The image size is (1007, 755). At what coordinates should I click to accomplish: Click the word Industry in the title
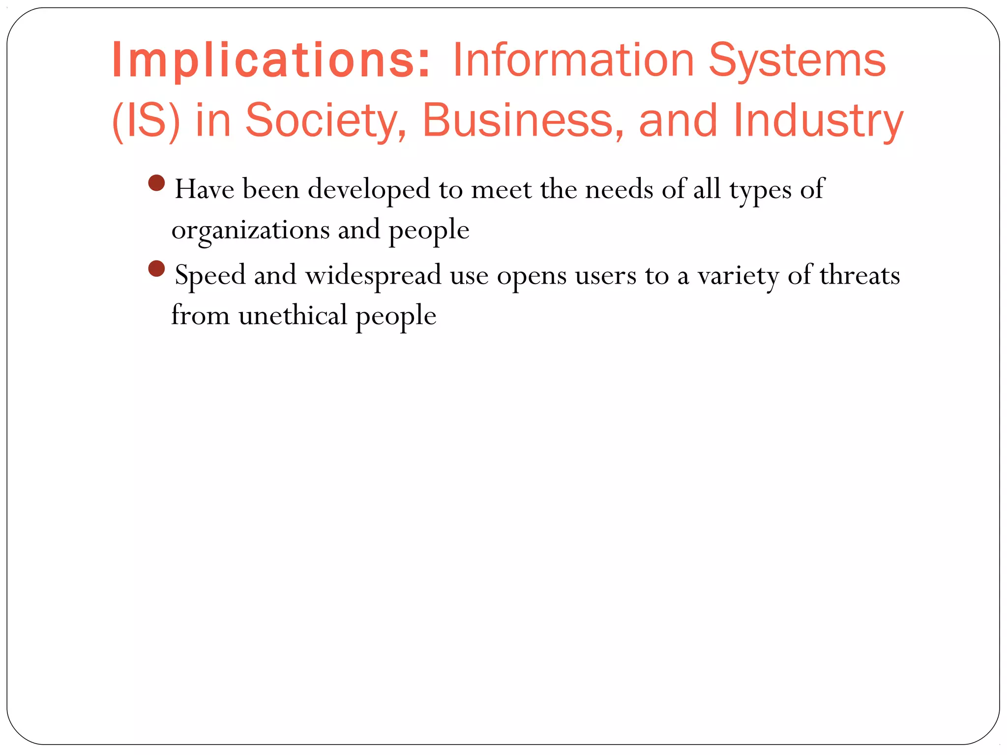tap(818, 120)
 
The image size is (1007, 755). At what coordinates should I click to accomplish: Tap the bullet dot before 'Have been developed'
tap(156, 183)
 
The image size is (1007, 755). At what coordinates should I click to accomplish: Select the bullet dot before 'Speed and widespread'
tap(156, 269)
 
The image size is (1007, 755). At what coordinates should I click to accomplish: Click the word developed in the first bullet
tap(369, 189)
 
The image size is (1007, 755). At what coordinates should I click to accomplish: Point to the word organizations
tap(251, 230)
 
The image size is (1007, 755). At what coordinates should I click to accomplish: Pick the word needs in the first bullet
tap(619, 189)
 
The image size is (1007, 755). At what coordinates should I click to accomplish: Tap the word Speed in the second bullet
tap(210, 275)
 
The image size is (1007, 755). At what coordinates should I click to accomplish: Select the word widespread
tap(373, 275)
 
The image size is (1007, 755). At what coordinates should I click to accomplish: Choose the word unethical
tap(293, 315)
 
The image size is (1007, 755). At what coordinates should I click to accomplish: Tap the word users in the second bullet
tap(606, 275)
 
